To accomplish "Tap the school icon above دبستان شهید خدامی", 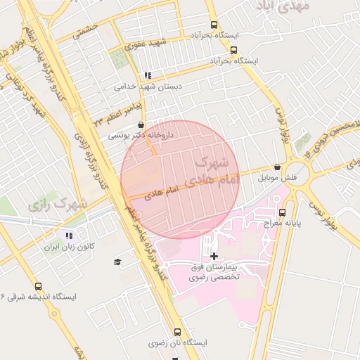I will click(x=147, y=75).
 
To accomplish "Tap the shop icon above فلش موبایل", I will click(x=278, y=167).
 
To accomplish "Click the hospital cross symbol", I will click(x=214, y=255).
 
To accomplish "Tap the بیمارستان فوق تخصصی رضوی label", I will click(x=215, y=272).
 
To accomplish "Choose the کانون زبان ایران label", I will click(x=69, y=247).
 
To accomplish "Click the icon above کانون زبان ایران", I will click(x=69, y=236).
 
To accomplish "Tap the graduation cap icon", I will click(x=117, y=262).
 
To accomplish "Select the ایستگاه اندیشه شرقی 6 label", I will click(x=38, y=297).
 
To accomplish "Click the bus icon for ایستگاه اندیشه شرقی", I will click(x=38, y=286).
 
